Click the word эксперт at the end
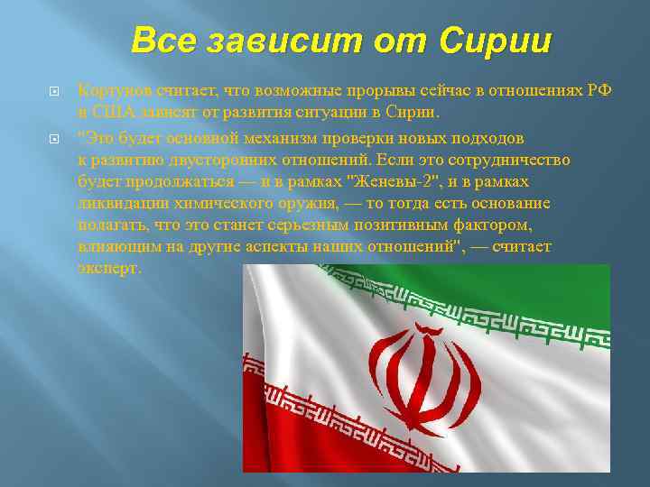(x=109, y=268)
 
